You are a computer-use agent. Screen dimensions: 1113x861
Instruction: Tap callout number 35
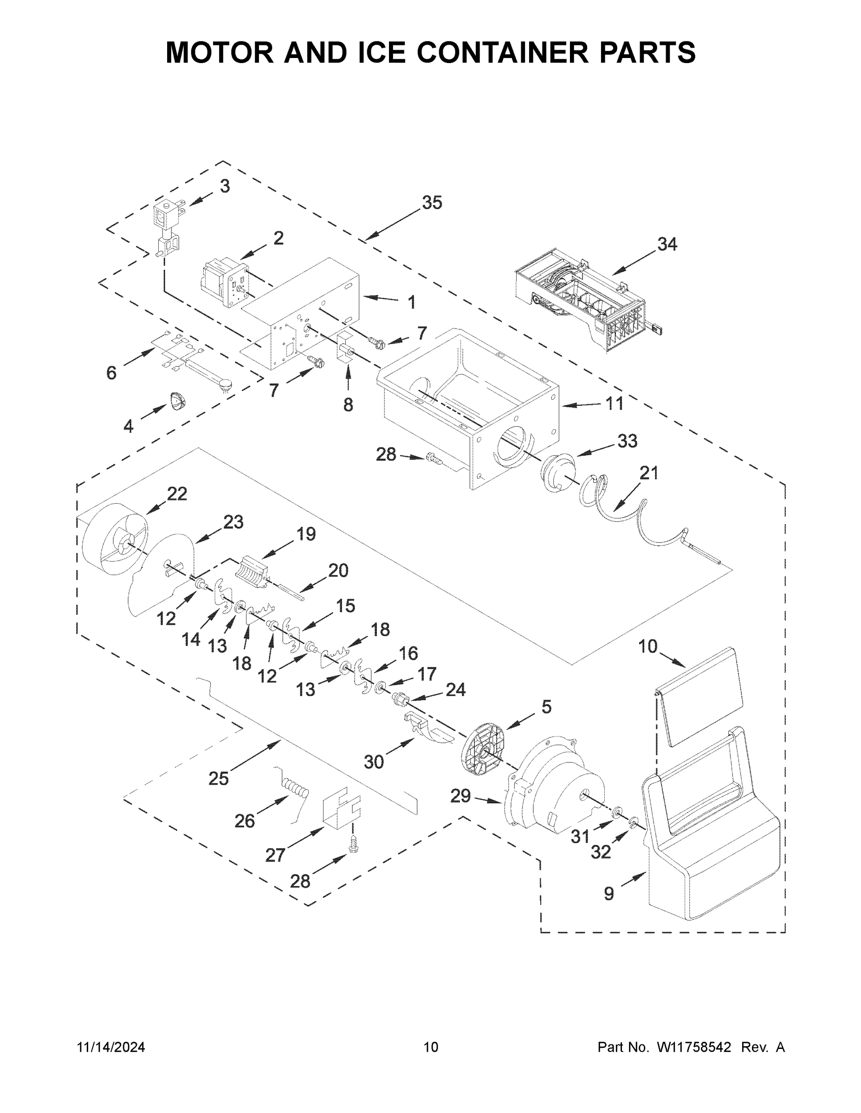(432, 203)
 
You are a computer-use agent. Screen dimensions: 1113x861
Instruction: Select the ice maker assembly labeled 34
(582, 301)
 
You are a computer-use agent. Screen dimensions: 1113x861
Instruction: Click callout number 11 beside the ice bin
(614, 404)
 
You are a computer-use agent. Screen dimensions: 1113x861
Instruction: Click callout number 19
(306, 534)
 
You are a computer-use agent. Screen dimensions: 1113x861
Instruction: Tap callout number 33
(627, 441)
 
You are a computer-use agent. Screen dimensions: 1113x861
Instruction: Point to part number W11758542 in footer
(694, 1047)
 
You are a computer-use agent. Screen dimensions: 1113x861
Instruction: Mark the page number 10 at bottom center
(431, 1047)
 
